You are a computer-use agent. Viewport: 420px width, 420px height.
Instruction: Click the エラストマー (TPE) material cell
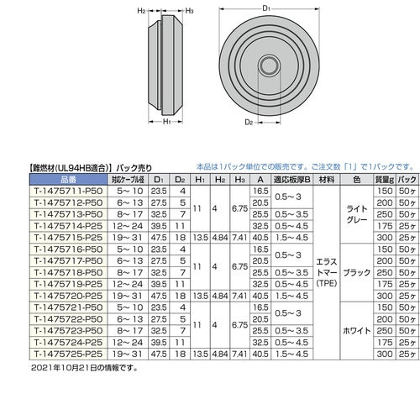[x=326, y=285]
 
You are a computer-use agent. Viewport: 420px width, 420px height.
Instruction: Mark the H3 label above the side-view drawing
[x=191, y=12]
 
